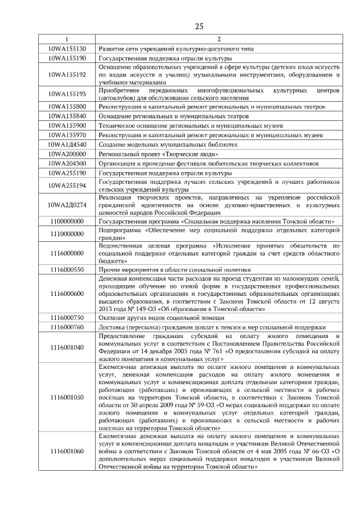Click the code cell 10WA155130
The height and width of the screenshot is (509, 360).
point(67,49)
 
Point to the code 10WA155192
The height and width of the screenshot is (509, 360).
point(67,74)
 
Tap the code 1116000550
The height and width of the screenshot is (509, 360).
point(67,269)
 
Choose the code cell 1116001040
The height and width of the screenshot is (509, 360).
point(67,347)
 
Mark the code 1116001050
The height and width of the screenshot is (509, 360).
point(67,397)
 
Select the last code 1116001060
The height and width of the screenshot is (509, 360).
point(67,451)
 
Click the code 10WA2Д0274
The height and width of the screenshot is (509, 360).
point(67,205)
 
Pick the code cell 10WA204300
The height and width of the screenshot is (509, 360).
point(67,163)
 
